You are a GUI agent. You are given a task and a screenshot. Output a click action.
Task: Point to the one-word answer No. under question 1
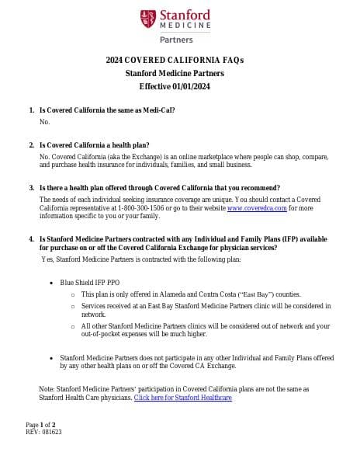44,122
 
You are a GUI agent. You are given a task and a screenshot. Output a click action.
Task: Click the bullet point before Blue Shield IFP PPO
51,284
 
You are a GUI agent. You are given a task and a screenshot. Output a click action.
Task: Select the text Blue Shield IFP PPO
90,284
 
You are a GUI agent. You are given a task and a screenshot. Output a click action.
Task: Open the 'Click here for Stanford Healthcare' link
182,398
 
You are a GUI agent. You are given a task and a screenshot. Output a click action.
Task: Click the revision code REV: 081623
43,432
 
